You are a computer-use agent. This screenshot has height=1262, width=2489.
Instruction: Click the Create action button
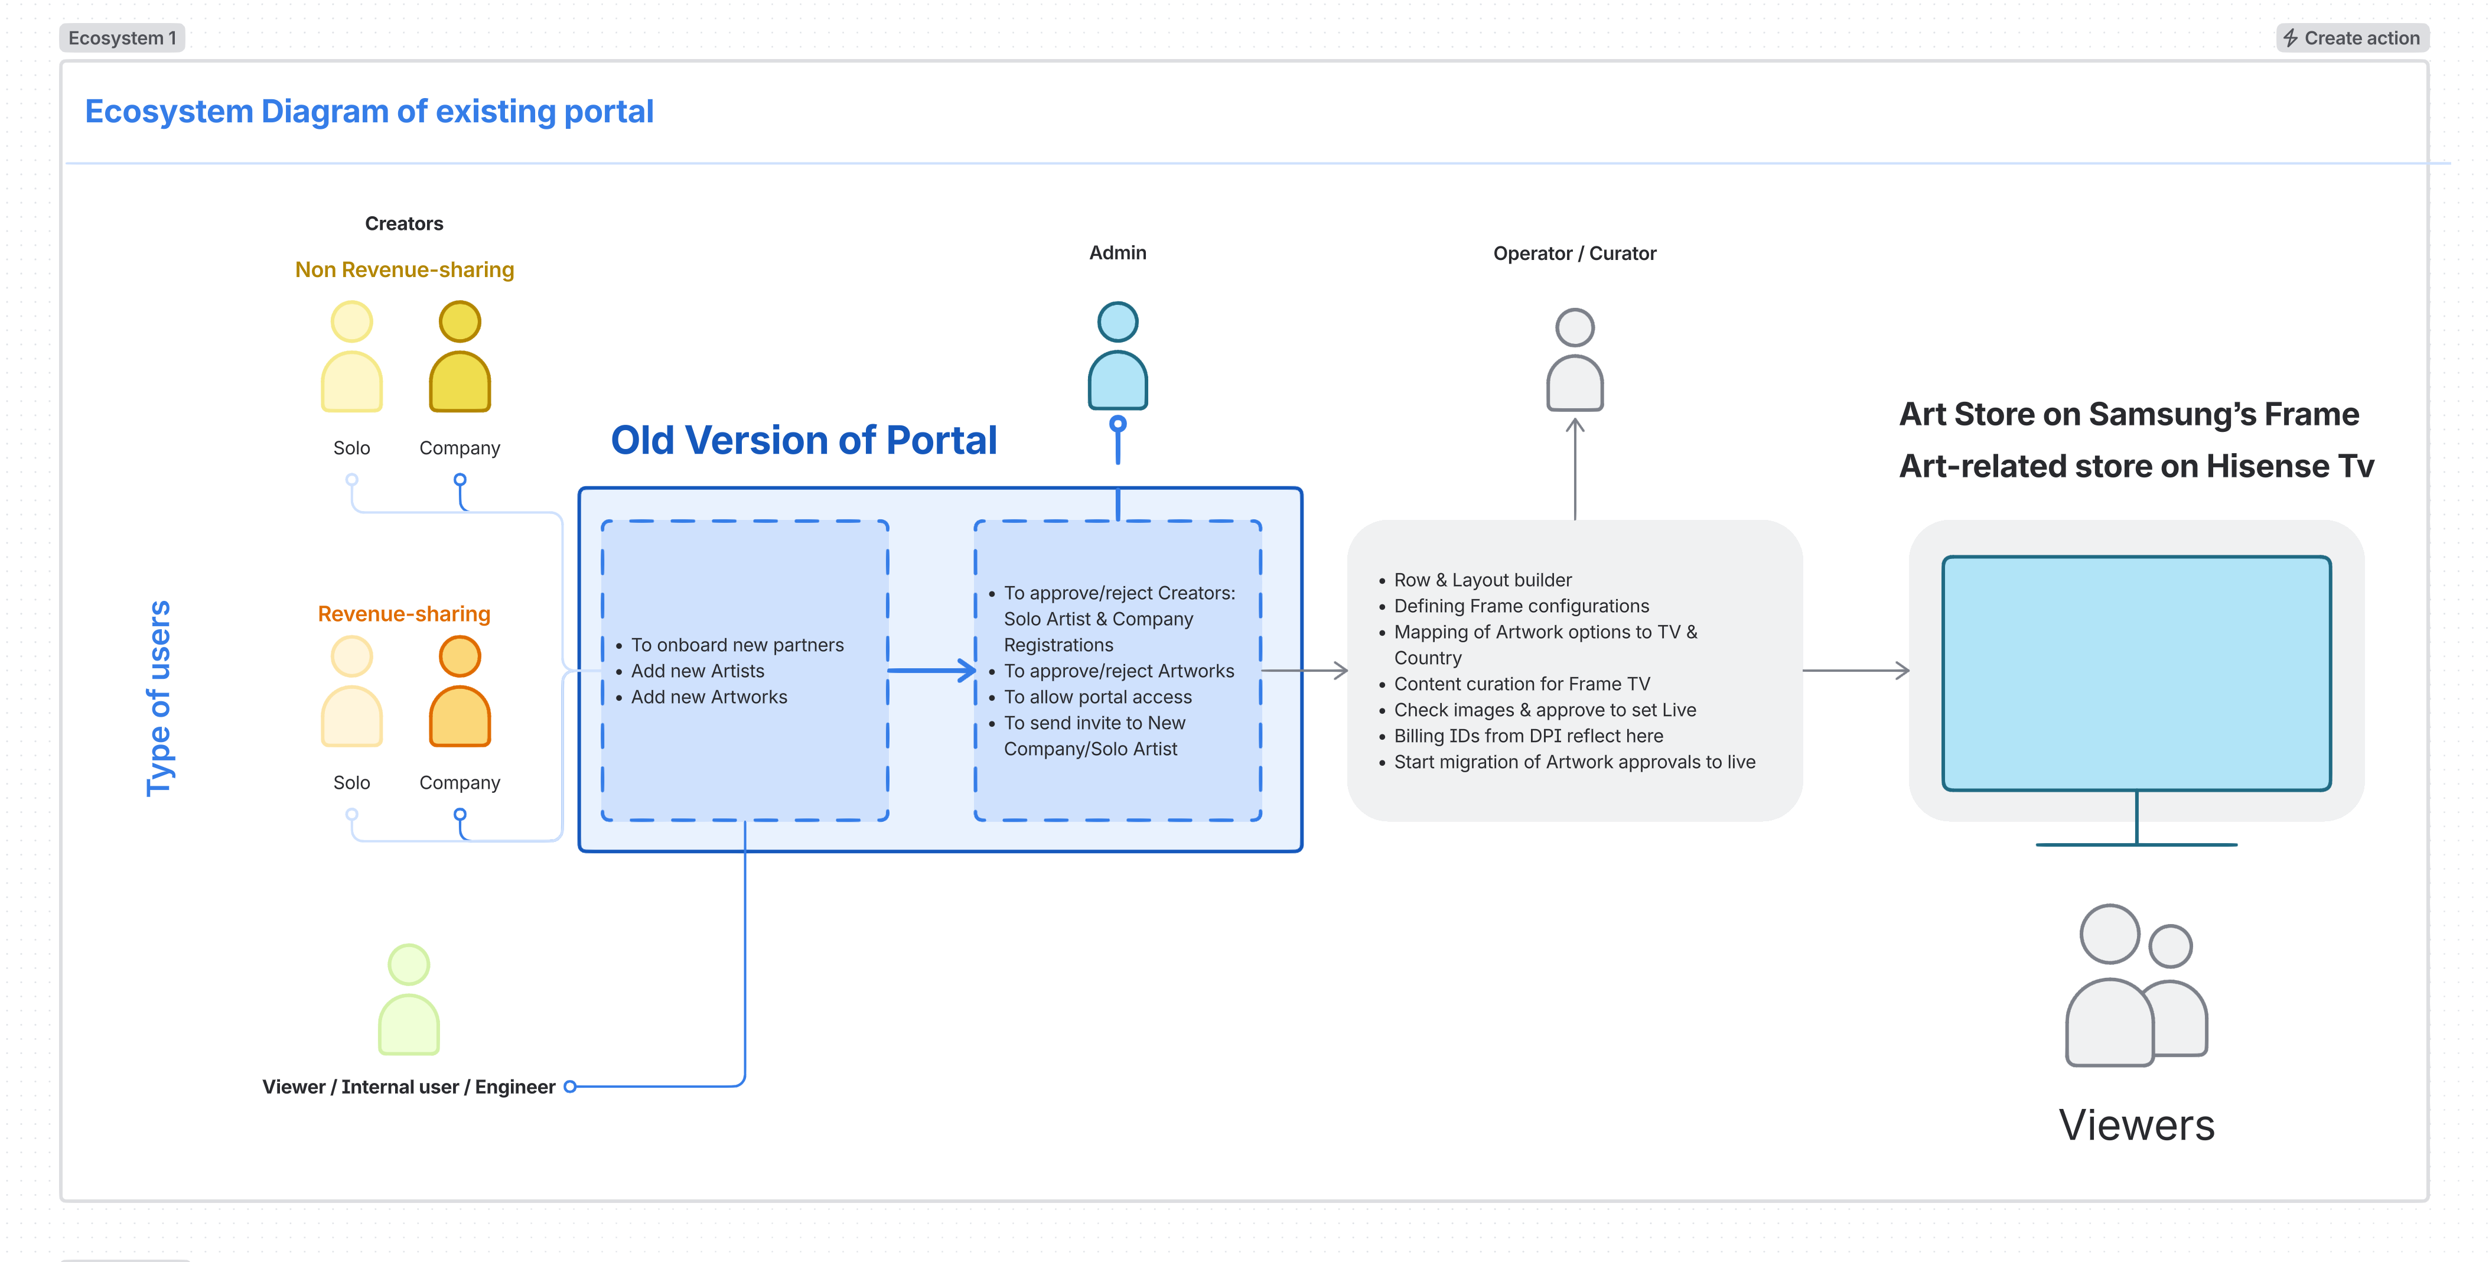click(2352, 38)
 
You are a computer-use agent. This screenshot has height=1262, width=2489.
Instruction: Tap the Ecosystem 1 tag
click(122, 38)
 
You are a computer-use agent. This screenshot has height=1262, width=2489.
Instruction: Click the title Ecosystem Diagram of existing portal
click(369, 111)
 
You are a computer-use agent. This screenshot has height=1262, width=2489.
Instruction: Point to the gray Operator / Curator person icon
click(1575, 359)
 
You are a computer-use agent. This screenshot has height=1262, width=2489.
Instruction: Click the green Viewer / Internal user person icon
click(409, 998)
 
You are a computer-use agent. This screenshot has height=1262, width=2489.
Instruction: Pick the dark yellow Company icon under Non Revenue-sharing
click(460, 356)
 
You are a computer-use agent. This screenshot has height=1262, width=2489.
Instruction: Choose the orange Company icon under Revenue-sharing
click(460, 691)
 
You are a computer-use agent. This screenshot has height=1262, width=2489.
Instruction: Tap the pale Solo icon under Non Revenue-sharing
click(351, 356)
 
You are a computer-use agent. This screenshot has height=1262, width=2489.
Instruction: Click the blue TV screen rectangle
click(2136, 672)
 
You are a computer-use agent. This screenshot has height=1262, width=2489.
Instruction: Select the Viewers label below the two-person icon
click(2136, 1125)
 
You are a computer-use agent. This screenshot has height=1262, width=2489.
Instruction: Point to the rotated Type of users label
click(158, 698)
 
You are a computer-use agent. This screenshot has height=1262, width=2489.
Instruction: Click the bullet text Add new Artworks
click(709, 697)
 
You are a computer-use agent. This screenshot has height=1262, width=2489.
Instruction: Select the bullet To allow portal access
click(1097, 697)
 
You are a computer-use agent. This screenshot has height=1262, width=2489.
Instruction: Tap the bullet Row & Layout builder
click(1482, 580)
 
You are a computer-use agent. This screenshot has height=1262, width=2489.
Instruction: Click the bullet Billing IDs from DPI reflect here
click(1529, 736)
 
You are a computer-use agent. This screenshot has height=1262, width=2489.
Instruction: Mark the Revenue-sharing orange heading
click(404, 614)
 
